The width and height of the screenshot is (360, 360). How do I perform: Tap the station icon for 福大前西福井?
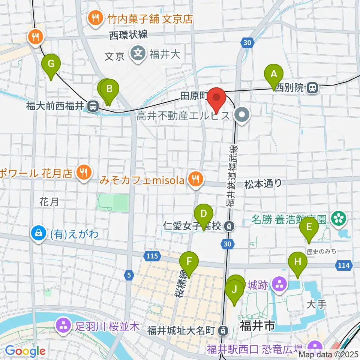(x=92, y=106)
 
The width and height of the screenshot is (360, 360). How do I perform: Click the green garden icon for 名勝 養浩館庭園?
(x=340, y=217)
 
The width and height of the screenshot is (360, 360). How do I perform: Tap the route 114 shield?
(x=343, y=265)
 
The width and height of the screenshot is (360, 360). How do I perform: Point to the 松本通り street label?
(x=263, y=183)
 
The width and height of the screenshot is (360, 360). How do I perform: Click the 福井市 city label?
(x=258, y=325)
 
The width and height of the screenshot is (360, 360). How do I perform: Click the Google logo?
(x=25, y=351)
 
